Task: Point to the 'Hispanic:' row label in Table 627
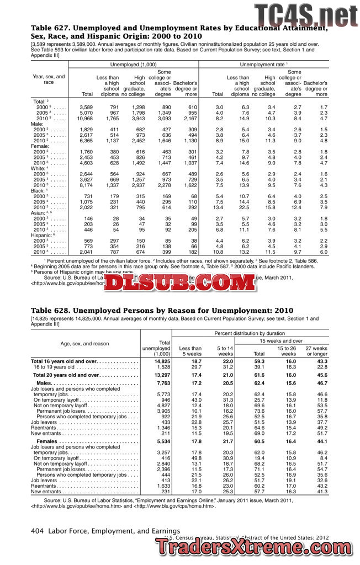45,236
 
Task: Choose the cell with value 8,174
86,185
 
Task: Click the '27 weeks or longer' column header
316,351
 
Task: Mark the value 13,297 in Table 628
159,375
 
